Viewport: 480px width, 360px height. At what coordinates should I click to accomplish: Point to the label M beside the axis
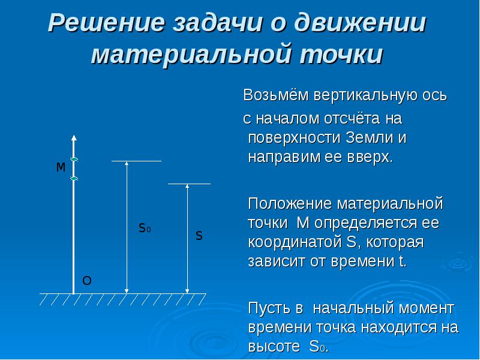pos(61,168)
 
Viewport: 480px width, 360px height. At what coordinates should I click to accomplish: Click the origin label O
pos(86,281)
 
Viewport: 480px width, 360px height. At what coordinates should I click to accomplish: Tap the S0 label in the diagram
pos(145,228)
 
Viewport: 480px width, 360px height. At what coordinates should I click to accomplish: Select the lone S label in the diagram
pos(199,236)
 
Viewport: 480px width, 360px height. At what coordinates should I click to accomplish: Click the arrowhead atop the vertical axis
pos(73,138)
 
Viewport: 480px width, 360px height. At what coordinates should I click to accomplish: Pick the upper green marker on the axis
pos(74,159)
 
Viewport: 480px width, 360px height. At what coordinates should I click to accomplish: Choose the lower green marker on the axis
pos(74,178)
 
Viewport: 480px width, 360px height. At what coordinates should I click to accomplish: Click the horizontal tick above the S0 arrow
pos(136,161)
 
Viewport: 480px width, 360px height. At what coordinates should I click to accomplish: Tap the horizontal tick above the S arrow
pos(189,184)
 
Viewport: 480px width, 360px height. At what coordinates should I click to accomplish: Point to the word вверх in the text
pos(371,158)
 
